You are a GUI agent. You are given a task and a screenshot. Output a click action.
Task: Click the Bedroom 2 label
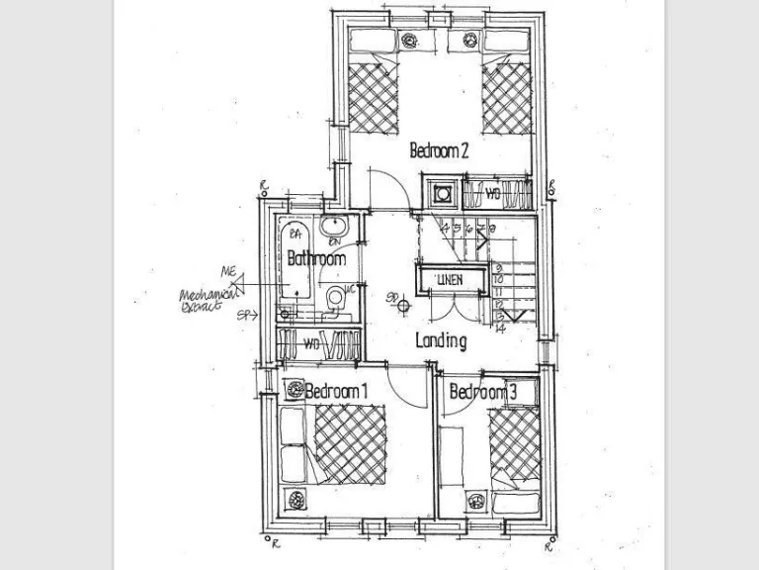tap(439, 151)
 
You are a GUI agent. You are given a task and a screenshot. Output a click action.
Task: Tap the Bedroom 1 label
tap(336, 392)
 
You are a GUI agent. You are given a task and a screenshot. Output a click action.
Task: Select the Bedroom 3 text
tap(483, 393)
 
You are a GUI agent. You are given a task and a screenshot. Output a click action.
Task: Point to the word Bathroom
tap(316, 259)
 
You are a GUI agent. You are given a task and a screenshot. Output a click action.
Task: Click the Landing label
tap(441, 341)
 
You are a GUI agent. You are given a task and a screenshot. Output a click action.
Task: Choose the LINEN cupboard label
tap(450, 281)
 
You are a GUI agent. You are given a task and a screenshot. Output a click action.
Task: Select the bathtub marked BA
tap(293, 262)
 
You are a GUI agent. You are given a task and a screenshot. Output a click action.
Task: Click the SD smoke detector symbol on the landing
tap(403, 304)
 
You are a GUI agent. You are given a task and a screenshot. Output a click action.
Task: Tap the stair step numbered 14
tap(501, 328)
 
